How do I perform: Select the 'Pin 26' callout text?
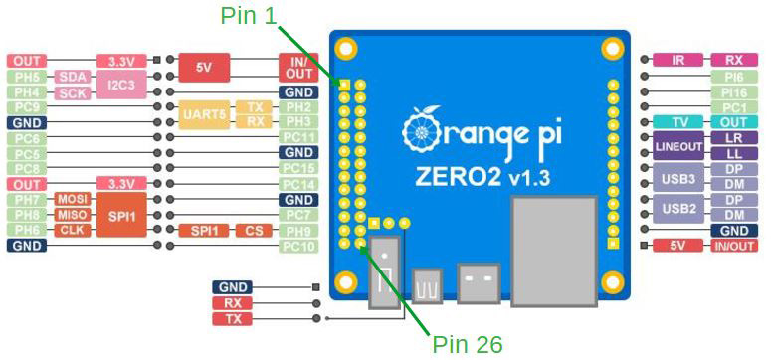(468, 344)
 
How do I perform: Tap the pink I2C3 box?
(121, 85)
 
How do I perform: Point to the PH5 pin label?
(27, 77)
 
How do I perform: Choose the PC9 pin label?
(27, 107)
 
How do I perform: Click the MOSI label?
(73, 200)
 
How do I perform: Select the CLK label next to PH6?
(73, 230)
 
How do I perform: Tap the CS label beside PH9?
(254, 231)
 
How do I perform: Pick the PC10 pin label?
(298, 246)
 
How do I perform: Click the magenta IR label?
(678, 61)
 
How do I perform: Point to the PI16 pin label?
(734, 91)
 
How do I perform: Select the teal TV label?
(678, 122)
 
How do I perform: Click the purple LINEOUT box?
(678, 146)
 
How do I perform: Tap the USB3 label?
(678, 177)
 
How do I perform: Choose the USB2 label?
(678, 208)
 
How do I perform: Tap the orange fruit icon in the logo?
(421, 128)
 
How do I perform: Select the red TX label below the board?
(232, 319)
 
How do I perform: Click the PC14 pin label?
(298, 184)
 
